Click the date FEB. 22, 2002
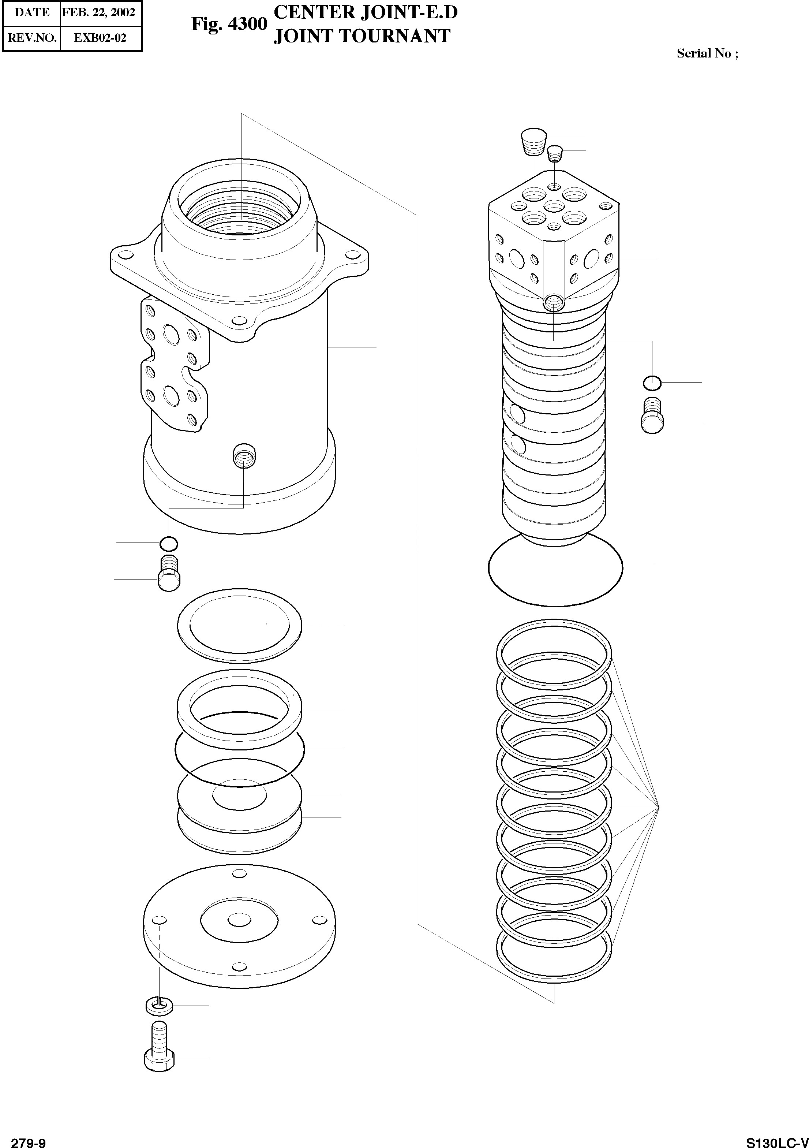[x=99, y=12]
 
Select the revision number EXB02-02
[x=100, y=38]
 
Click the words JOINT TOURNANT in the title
[x=362, y=36]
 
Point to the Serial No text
[x=707, y=53]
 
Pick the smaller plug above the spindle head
[x=555, y=153]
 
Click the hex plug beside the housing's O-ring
[x=169, y=574]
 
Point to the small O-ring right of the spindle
[x=652, y=383]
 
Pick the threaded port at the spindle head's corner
[x=554, y=302]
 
